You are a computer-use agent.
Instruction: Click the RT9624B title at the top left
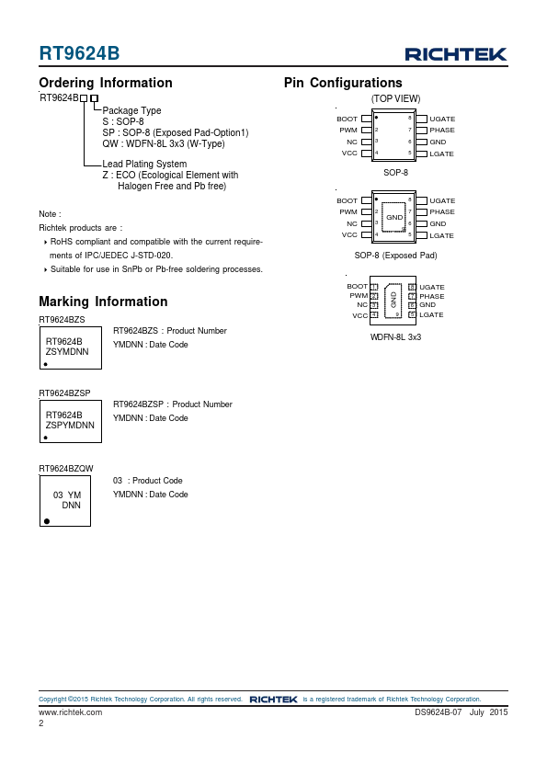pos(79,53)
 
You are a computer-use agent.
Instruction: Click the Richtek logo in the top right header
pos(456,54)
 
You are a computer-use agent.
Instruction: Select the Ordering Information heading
pos(106,83)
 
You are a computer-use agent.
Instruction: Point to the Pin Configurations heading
pos(343,83)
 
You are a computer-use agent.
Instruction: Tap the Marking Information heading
pos(103,302)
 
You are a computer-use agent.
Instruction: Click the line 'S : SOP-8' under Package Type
pos(123,121)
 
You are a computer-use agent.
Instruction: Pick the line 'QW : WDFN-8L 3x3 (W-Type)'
pos(164,143)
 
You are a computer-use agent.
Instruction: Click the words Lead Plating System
pos(144,164)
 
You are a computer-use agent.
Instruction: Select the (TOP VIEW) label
pos(396,98)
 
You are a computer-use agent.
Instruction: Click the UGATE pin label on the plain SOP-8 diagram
pos(442,119)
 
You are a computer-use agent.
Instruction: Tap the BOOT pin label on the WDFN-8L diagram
pos(357,286)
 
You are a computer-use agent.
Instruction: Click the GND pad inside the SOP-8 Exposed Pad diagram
pos(394,217)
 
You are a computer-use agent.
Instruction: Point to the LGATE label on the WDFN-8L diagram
pos(431,314)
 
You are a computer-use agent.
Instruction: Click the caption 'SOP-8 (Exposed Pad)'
pos(395,256)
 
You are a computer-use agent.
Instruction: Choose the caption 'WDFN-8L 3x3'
pos(395,337)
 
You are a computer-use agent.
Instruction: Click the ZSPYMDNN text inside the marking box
pos(70,425)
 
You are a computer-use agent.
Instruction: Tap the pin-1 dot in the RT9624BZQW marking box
pos(47,521)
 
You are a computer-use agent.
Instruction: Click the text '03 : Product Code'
pos(148,480)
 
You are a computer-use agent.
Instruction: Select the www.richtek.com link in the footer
pos(71,712)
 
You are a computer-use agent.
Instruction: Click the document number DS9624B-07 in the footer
pos(438,712)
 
